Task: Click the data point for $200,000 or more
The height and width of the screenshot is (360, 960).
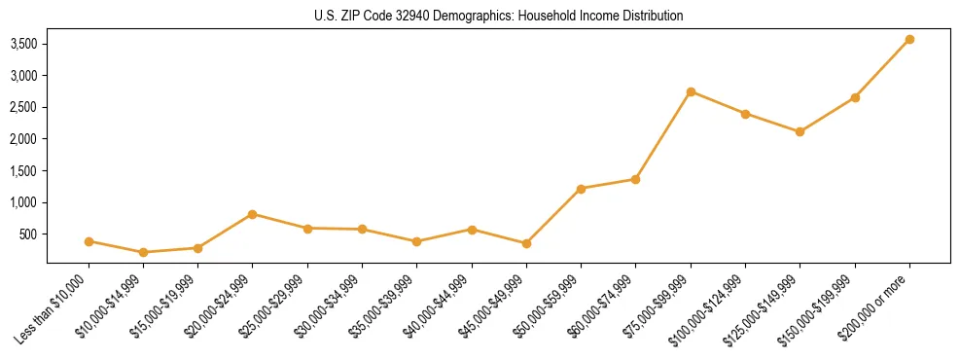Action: (x=909, y=40)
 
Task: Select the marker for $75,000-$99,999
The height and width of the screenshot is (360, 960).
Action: (x=691, y=91)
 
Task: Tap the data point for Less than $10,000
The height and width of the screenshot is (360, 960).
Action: (x=89, y=241)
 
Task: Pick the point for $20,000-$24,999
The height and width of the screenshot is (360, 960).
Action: (x=253, y=214)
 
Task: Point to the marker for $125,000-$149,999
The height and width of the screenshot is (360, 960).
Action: (x=800, y=131)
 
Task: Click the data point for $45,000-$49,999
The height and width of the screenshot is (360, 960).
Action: (x=526, y=243)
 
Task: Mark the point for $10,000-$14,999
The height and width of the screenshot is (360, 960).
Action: (x=144, y=252)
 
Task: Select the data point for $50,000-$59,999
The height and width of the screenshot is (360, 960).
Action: (x=581, y=189)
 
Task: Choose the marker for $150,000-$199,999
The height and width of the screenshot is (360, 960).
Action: (x=855, y=97)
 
